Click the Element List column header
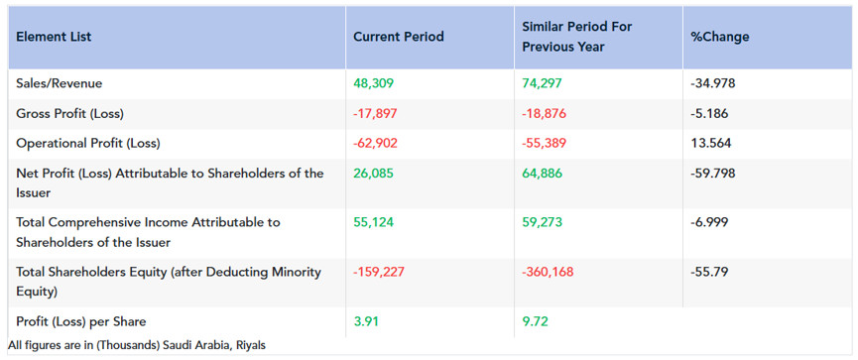(54, 38)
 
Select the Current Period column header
(399, 38)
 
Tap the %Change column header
(720, 38)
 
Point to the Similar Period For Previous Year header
(576, 37)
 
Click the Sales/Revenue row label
(60, 83)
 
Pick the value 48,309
(374, 83)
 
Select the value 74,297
(543, 83)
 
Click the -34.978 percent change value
(713, 83)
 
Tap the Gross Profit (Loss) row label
(70, 114)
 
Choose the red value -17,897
(375, 114)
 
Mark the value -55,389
(545, 144)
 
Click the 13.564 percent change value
(711, 144)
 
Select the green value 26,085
(374, 174)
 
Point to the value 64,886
(543, 174)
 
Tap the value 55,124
(373, 223)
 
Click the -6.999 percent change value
(710, 223)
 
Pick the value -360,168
(548, 273)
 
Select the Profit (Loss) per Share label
(81, 321)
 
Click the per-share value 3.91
(366, 321)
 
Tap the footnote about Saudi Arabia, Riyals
(137, 345)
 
